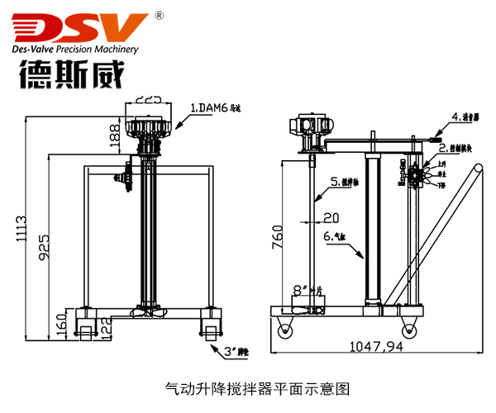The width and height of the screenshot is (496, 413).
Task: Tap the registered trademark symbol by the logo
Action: point(159,15)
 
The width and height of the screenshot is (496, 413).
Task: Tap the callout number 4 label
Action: point(467,116)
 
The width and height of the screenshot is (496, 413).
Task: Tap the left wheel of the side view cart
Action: point(286,328)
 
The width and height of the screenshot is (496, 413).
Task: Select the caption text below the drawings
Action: point(247,387)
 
